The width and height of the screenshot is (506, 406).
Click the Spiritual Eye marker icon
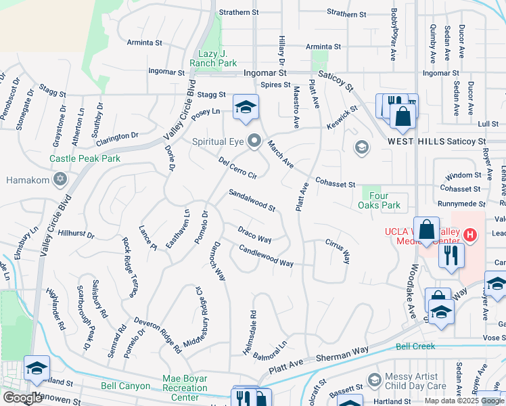(254, 141)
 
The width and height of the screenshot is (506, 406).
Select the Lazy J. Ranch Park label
(212, 58)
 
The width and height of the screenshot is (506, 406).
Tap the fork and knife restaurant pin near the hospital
(447, 255)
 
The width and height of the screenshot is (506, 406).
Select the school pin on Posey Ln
(246, 107)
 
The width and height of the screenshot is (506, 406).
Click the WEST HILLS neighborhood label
(417, 141)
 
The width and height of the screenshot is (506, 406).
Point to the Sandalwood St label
(252, 200)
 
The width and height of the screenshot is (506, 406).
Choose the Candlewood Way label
(266, 255)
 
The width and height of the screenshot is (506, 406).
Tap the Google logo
(22, 398)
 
